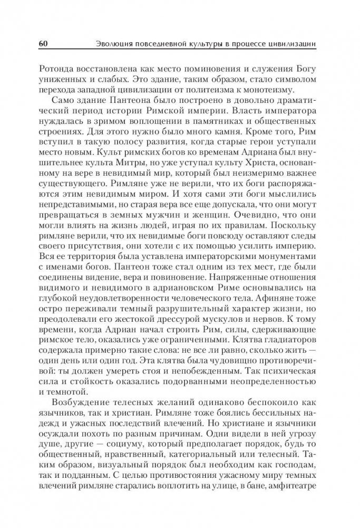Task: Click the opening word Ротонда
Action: pos(62,68)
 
